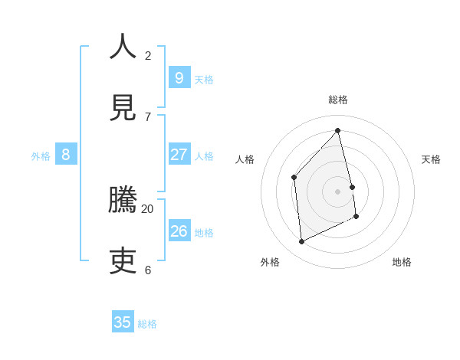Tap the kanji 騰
[123, 200]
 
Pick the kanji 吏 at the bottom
[123, 261]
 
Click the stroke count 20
[147, 208]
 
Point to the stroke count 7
[147, 116]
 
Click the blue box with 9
[179, 77]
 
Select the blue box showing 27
[179, 155]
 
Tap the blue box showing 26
[179, 231]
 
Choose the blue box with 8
[66, 155]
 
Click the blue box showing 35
[123, 322]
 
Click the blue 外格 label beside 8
[41, 156]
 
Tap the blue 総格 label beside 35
[147, 324]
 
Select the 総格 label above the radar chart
[338, 100]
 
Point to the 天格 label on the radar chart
[431, 159]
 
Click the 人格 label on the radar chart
[245, 159]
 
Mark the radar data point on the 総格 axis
[338, 130]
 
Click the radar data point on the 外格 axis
[301, 242]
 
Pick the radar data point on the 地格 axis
[356, 217]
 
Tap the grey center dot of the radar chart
[338, 191]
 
